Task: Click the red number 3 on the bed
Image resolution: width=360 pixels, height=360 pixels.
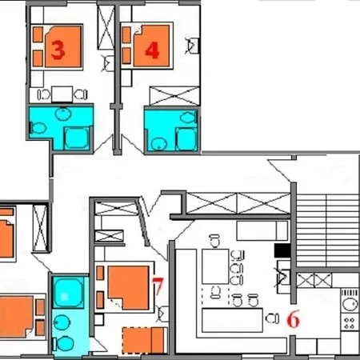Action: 58,50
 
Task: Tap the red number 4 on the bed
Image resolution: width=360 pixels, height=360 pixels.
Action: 152,50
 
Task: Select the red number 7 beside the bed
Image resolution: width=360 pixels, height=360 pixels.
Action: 158,286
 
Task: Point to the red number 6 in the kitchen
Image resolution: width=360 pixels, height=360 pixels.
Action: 294,319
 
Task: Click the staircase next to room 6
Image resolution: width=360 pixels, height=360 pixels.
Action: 327,230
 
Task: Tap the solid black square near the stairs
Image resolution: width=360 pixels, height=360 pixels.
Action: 282,251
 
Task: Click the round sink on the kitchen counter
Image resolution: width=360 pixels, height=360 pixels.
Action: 350,304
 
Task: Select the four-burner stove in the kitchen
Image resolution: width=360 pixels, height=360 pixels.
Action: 350,322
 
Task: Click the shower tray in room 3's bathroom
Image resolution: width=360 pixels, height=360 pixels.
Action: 77,138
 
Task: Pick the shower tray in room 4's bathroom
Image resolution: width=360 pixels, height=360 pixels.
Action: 186,139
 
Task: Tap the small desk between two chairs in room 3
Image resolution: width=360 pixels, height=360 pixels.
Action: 62,94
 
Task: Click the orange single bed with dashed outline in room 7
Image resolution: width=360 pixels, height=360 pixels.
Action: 143,340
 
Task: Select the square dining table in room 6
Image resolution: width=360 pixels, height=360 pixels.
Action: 215,266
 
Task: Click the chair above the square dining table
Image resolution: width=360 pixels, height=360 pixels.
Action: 214,241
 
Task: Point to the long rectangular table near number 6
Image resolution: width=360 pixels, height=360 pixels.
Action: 232,320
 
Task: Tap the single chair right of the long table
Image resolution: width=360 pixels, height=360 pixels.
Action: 272,318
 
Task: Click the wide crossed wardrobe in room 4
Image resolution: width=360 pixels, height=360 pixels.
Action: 174,96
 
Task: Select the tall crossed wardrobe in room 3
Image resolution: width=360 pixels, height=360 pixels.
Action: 106,27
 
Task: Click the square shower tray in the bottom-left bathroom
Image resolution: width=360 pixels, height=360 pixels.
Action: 69,292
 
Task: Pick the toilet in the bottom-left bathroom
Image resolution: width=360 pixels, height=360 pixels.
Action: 63,344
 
